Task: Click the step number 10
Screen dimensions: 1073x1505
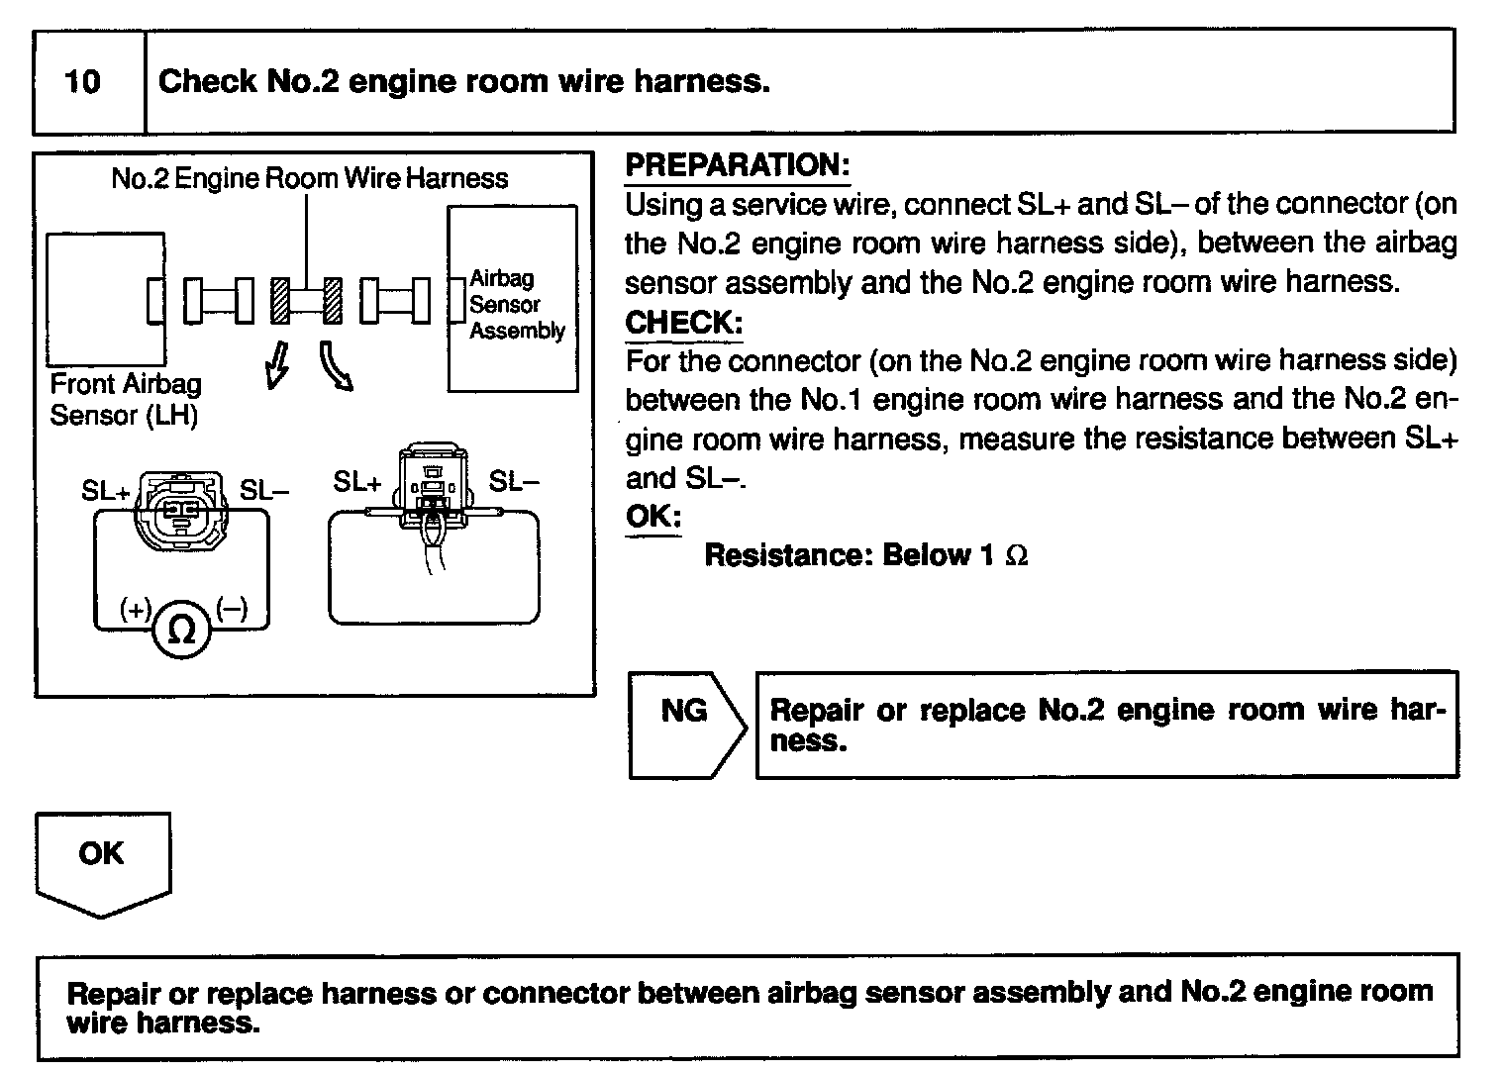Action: [x=83, y=81]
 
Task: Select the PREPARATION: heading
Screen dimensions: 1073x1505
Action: [x=737, y=165]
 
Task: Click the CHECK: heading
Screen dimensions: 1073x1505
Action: [x=683, y=323]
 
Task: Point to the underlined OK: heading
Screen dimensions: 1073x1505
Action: [x=653, y=517]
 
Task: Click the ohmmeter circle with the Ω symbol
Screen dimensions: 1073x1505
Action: [x=182, y=630]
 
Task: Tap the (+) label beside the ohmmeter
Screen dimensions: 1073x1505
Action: [x=135, y=609]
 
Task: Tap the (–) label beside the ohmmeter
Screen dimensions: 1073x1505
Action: [x=232, y=609]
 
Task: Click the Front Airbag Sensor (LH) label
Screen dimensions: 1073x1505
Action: [x=125, y=399]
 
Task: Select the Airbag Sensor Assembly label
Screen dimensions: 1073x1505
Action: [x=517, y=305]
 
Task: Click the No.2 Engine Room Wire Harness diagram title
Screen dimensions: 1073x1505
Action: [x=309, y=178]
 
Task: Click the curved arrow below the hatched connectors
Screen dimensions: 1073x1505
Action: [x=336, y=367]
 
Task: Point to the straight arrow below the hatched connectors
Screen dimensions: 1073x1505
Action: [x=278, y=365]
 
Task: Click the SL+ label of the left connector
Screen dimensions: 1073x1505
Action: [x=105, y=491]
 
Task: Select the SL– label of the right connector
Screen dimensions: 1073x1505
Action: [x=514, y=482]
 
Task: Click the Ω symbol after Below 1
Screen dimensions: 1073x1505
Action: [x=1016, y=556]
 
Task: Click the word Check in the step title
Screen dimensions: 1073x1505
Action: [x=208, y=81]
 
